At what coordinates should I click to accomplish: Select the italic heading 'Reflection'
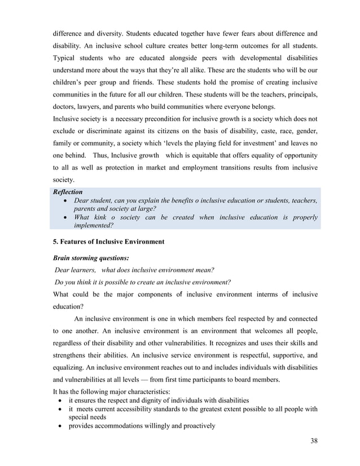pyautogui.click(x=67, y=192)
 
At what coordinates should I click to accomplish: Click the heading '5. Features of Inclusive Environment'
pyautogui.click(x=108, y=242)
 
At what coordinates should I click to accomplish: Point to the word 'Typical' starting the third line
pyautogui.click(x=65, y=59)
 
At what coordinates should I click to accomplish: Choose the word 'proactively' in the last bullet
pyautogui.click(x=197, y=426)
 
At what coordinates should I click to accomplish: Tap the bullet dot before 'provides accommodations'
pyautogui.click(x=60, y=426)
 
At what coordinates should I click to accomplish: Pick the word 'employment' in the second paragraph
pyautogui.click(x=202, y=168)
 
